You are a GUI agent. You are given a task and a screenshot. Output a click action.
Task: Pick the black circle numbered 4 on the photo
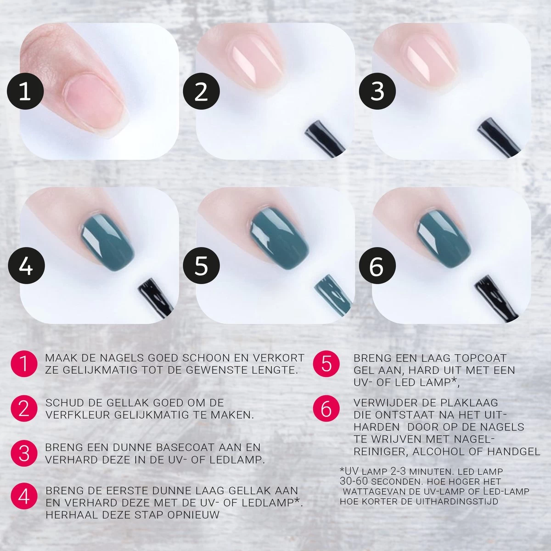(x=25, y=266)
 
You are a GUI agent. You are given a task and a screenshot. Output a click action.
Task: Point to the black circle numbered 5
(x=201, y=266)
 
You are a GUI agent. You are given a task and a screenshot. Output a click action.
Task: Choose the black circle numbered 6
(x=377, y=266)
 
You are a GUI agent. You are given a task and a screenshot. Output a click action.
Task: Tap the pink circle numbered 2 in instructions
(x=24, y=408)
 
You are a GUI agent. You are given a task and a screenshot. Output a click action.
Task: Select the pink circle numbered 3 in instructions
(x=24, y=453)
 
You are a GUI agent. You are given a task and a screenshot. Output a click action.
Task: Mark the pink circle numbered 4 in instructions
(x=24, y=497)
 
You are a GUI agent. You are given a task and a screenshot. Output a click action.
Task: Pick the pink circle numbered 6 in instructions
(x=326, y=408)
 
